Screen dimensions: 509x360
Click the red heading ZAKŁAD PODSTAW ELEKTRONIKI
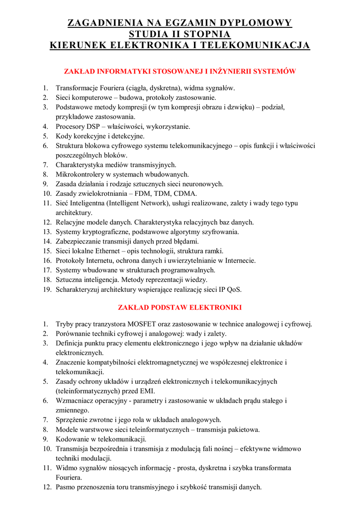[180, 307]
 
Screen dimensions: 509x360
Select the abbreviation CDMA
[187, 193]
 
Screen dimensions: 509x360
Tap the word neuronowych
[202, 184]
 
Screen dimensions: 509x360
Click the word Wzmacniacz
[74, 401]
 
